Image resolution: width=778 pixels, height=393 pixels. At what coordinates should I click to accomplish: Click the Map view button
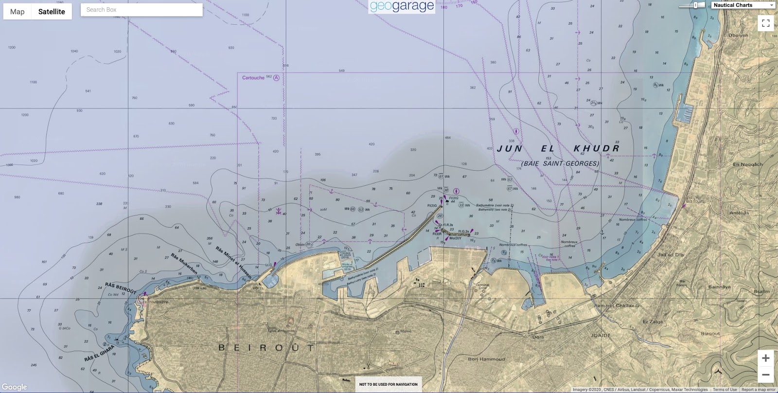(x=18, y=12)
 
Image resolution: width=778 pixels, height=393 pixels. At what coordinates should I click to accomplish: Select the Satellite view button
(x=52, y=12)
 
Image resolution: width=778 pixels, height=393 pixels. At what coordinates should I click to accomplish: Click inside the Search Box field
(x=141, y=10)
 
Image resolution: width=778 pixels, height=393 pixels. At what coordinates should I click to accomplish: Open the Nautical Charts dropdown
(x=743, y=5)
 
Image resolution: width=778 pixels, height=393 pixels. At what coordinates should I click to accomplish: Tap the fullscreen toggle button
(x=765, y=23)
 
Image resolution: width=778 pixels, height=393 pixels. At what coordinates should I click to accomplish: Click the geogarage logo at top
(x=402, y=6)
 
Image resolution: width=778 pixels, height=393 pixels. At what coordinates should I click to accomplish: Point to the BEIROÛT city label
(x=267, y=347)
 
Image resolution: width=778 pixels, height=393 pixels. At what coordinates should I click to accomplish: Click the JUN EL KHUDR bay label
(x=558, y=148)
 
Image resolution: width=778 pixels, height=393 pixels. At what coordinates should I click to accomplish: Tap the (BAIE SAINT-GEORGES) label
(x=560, y=163)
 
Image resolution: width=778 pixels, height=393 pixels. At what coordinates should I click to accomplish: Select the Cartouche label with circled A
(x=261, y=78)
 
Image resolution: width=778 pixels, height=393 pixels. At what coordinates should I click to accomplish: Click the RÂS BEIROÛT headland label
(x=121, y=288)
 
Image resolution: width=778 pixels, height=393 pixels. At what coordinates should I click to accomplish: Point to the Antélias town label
(x=739, y=213)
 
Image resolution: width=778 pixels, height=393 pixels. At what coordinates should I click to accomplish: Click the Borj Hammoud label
(x=486, y=359)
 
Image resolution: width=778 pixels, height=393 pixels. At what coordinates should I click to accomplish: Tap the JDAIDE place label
(x=601, y=335)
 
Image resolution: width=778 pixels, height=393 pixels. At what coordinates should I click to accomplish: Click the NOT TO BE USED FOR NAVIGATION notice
(x=388, y=384)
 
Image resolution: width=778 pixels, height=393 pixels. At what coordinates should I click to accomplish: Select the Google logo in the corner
(x=14, y=387)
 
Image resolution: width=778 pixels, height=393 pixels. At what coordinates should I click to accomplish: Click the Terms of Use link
(x=725, y=390)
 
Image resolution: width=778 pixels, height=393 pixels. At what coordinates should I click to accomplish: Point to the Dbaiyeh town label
(x=738, y=36)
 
